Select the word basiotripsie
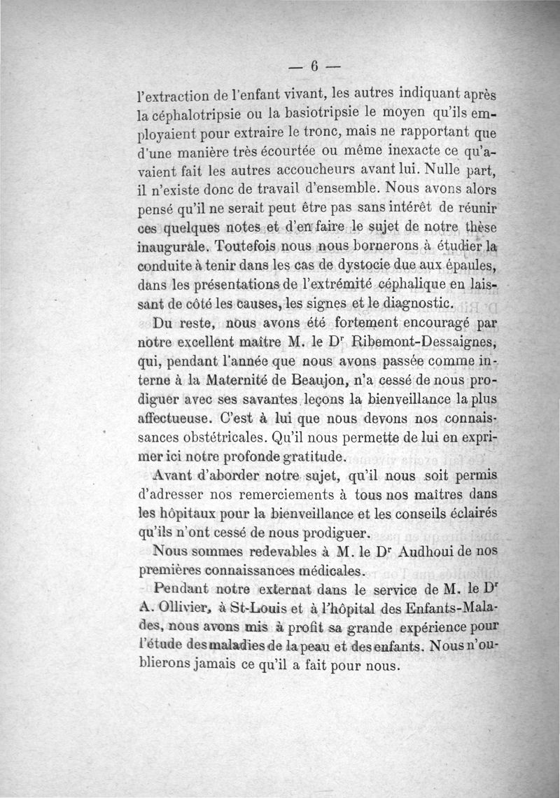tap(303, 111)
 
